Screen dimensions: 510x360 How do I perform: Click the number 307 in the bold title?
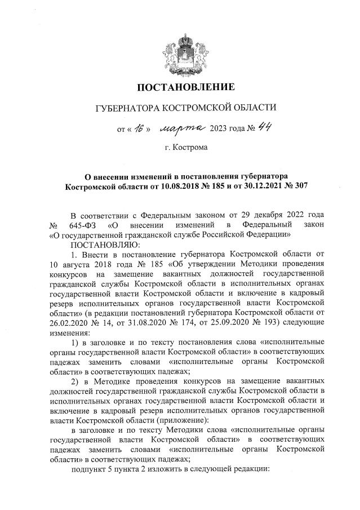pyautogui.click(x=301, y=185)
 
